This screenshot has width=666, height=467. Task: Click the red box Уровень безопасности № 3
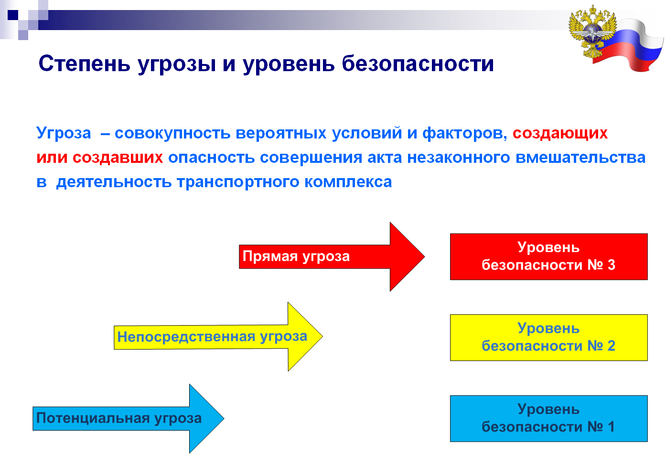click(x=549, y=257)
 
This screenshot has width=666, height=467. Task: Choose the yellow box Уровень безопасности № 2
click(x=549, y=338)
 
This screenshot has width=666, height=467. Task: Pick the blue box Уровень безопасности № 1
click(x=549, y=419)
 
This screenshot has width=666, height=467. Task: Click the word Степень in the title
click(x=85, y=64)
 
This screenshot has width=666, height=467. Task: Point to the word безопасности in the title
click(x=418, y=64)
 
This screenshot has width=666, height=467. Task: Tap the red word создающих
click(x=560, y=133)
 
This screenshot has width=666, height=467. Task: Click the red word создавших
click(x=118, y=158)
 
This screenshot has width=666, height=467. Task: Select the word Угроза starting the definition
click(x=64, y=133)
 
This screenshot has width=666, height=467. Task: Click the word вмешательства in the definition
click(x=580, y=158)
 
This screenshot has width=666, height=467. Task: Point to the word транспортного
click(x=238, y=182)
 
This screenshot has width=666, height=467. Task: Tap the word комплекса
click(x=348, y=182)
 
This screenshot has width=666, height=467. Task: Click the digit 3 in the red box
click(x=611, y=265)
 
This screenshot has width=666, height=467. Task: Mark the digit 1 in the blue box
click(x=611, y=427)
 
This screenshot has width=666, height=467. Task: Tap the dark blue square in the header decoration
click(x=13, y=15)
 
